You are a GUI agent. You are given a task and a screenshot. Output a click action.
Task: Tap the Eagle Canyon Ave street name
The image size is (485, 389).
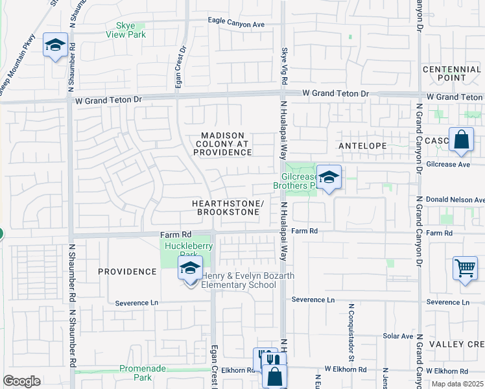[x=237, y=24]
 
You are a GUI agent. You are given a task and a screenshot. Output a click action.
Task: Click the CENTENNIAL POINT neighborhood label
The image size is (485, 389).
[x=452, y=73]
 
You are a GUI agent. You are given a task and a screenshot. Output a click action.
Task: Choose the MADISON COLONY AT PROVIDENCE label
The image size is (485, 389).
[x=222, y=143]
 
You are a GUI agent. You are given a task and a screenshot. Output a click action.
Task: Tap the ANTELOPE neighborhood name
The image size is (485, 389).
[x=362, y=147]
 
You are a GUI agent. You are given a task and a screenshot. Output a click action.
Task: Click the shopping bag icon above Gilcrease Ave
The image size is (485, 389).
[x=461, y=140]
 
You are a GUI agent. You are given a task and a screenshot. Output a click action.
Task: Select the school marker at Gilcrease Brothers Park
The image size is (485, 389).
[x=329, y=178]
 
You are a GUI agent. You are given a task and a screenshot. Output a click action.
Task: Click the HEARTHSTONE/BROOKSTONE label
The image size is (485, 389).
[x=228, y=207]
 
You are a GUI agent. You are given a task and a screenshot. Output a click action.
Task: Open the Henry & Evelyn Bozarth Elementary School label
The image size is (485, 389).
[x=248, y=280]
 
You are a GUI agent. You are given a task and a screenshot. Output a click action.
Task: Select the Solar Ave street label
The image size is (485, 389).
[x=397, y=336]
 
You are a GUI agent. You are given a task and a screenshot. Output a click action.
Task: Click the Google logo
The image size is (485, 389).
[x=21, y=381]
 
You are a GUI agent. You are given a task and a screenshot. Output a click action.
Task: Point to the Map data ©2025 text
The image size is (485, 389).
[x=457, y=384]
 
